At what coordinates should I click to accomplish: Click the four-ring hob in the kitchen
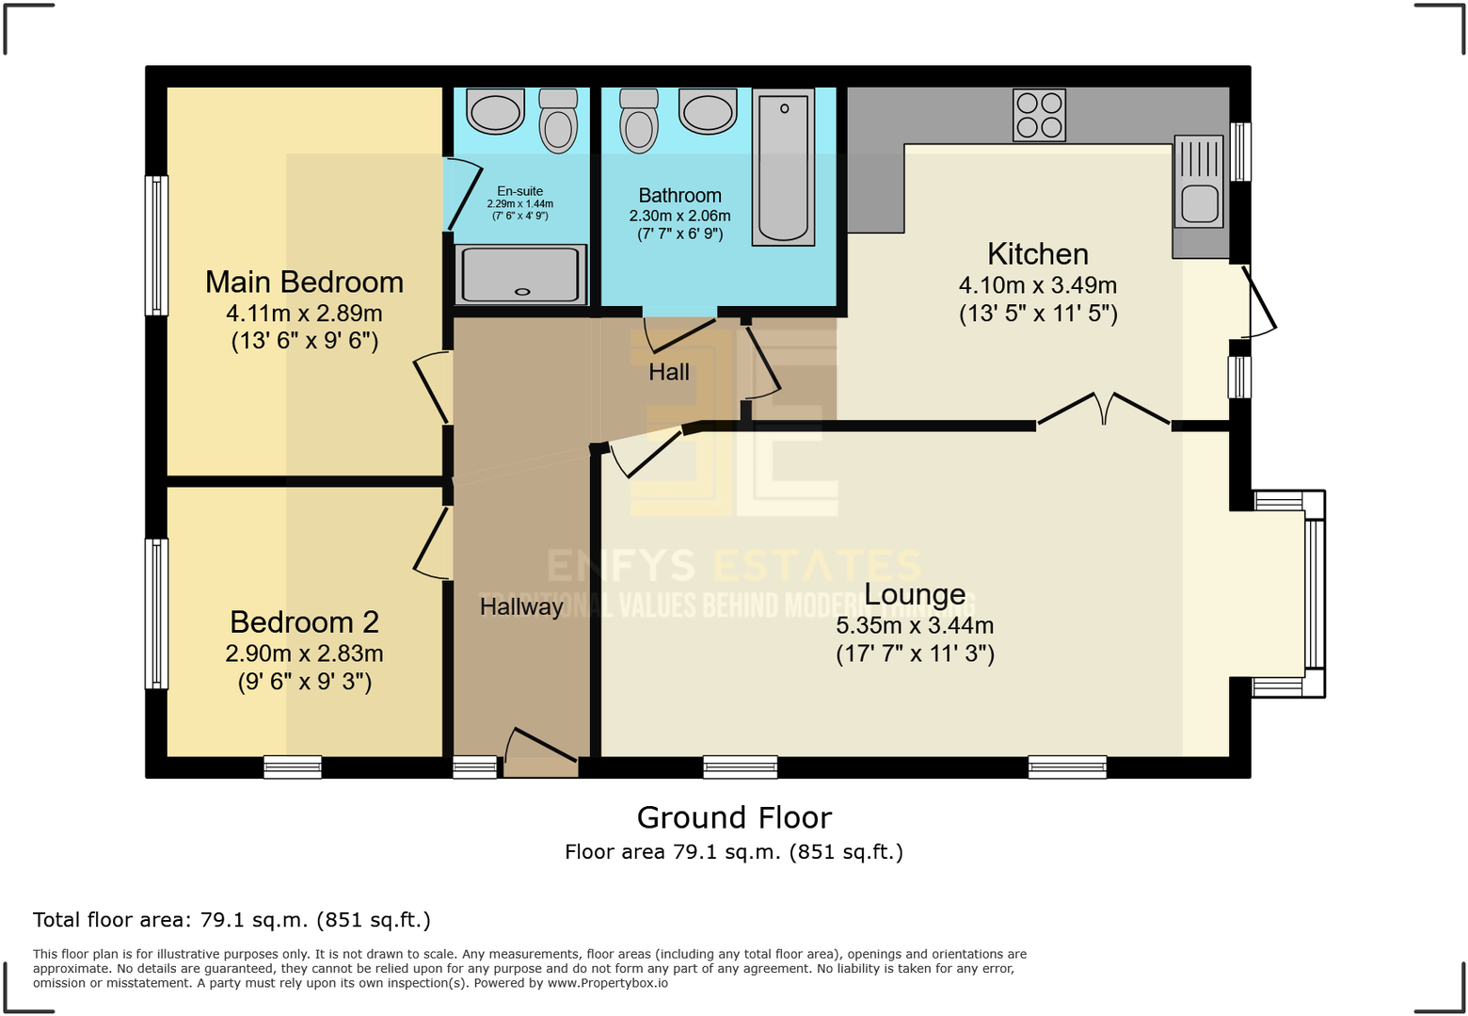[x=1039, y=115]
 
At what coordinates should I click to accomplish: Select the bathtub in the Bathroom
[x=783, y=168]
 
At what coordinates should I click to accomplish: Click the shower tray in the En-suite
[x=520, y=274]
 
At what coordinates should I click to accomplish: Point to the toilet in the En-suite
[x=558, y=122]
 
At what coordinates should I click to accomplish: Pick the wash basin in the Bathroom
[x=708, y=112]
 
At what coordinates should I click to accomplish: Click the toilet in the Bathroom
[x=639, y=122]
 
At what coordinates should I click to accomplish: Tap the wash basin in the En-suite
[x=496, y=112]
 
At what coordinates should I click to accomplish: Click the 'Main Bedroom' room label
[x=304, y=282]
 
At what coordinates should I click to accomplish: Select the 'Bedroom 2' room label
[x=304, y=621]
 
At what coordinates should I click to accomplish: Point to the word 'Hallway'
[x=521, y=606]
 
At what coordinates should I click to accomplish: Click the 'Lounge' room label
[x=915, y=594]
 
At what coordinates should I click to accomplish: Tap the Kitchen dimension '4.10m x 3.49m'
[x=1038, y=285]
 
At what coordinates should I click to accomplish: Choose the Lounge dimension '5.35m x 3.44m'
[x=915, y=625]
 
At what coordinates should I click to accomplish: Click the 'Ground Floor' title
[x=734, y=817]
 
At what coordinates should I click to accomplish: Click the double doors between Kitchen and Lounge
[x=1104, y=411]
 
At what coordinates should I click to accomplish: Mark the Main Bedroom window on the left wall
[x=156, y=245]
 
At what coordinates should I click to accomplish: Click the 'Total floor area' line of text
[x=231, y=920]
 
